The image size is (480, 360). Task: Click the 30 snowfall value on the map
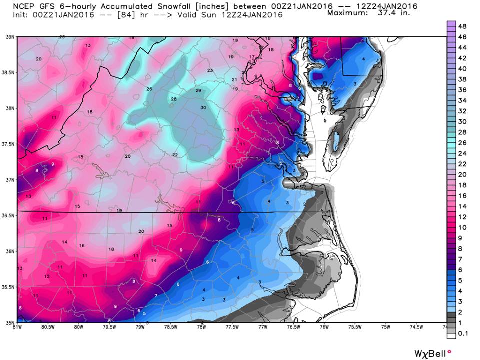203,108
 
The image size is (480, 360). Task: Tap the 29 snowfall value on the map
198,90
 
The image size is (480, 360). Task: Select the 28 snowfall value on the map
174,99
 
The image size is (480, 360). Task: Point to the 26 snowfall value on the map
149,89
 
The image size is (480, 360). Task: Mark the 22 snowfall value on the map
175,155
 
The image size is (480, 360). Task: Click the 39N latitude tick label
9,37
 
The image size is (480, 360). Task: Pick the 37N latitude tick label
9,180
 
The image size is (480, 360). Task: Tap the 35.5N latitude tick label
9,287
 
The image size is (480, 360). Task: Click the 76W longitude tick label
324,327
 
